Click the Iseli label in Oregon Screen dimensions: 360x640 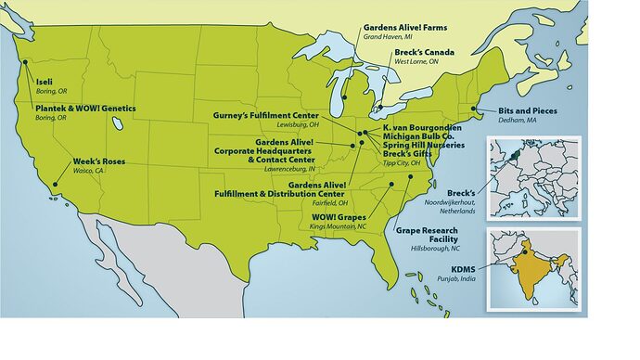44,82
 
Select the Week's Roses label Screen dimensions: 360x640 98,161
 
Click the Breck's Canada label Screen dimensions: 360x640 424,52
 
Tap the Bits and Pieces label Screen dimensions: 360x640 522,109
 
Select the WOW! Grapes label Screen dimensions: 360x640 339,217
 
